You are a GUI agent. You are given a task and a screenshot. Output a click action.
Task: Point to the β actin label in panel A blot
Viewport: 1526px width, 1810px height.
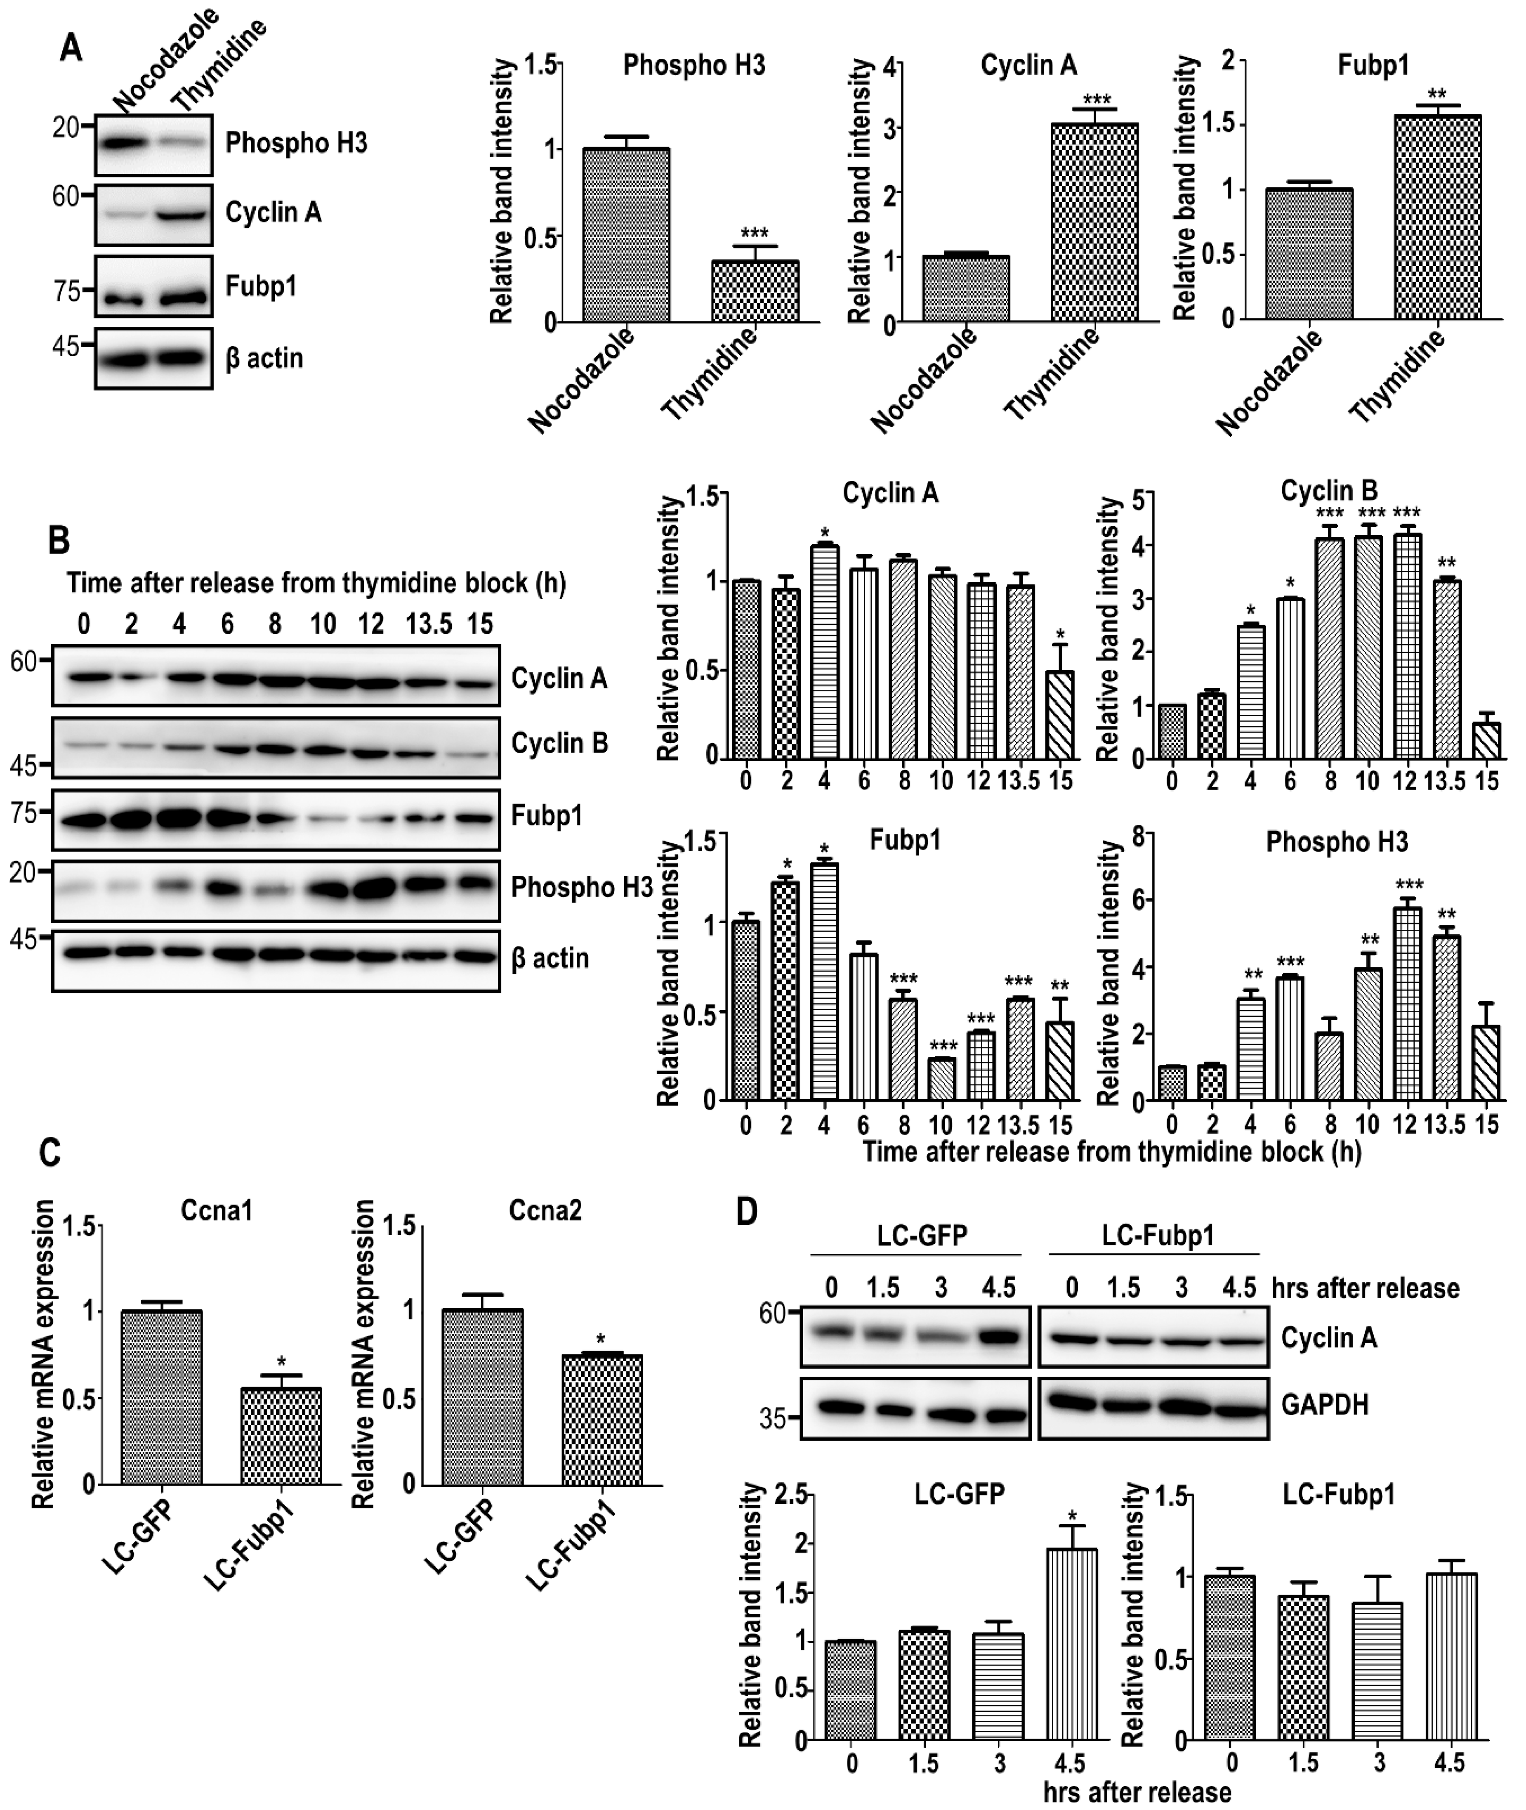264,358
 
